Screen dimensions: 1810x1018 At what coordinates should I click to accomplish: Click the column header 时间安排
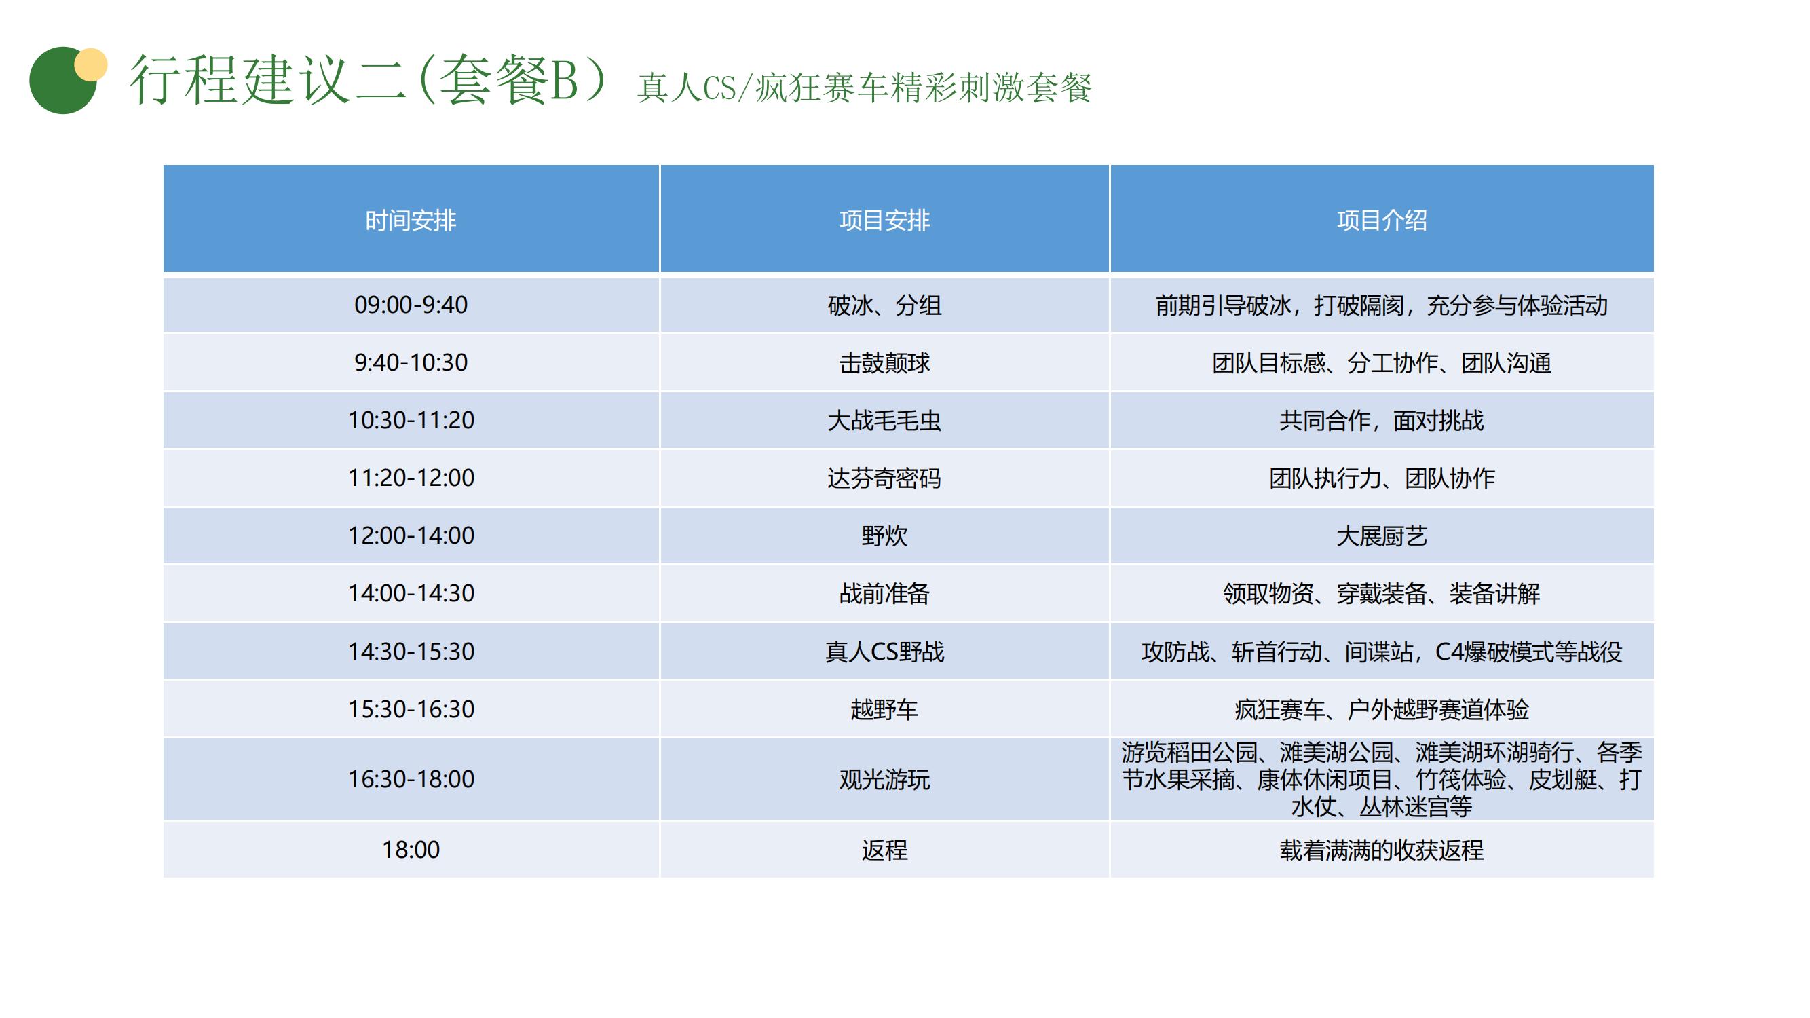(x=411, y=221)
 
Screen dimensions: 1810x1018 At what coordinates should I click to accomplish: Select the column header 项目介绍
(x=1381, y=221)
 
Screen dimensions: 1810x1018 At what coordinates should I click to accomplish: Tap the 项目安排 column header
(x=884, y=221)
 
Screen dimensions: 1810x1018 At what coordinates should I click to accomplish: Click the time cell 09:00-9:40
(x=411, y=305)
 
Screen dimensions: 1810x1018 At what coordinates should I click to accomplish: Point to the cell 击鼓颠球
(x=884, y=363)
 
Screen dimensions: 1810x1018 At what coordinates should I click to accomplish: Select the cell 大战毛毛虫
(x=884, y=421)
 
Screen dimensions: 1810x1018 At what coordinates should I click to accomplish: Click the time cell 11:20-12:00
(x=411, y=478)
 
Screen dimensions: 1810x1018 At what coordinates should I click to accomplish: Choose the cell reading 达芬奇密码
(x=884, y=478)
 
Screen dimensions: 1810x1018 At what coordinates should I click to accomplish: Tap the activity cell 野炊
(x=884, y=536)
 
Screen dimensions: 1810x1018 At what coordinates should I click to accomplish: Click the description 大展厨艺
(x=1381, y=536)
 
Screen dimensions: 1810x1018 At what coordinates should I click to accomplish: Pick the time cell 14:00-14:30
(x=411, y=594)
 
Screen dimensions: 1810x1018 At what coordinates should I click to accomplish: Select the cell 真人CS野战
(x=884, y=652)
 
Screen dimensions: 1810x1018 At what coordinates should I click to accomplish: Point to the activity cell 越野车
(x=884, y=710)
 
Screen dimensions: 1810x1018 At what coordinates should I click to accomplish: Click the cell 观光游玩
(x=884, y=780)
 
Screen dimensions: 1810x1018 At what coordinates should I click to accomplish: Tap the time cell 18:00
(x=411, y=850)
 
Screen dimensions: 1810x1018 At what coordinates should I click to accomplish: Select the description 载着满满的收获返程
(x=1381, y=850)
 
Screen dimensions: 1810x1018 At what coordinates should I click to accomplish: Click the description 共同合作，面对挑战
(x=1381, y=421)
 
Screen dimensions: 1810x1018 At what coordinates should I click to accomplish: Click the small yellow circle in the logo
(x=91, y=64)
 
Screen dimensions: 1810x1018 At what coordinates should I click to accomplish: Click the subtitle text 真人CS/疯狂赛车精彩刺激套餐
(x=864, y=88)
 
